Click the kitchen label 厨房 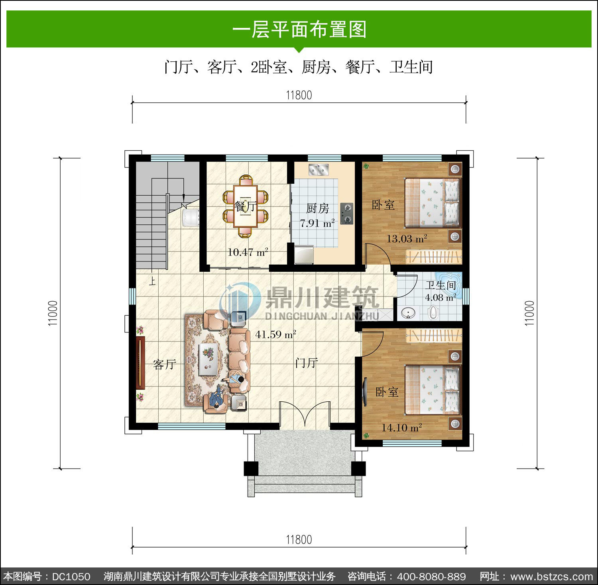(x=317, y=208)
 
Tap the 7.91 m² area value (x=317, y=223)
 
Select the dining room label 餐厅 (x=245, y=206)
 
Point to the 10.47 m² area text (x=248, y=252)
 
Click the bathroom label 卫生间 (x=441, y=285)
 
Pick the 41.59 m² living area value (x=275, y=334)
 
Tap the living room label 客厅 (x=164, y=364)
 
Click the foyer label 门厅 (x=307, y=363)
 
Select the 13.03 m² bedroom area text (x=407, y=239)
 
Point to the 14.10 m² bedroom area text (x=401, y=428)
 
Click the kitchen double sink (x=319, y=169)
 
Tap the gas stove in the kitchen (x=346, y=214)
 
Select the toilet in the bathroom (x=433, y=312)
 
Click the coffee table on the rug (x=208, y=359)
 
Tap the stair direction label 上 (x=152, y=281)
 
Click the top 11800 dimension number (x=299, y=95)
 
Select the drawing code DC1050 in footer (x=71, y=577)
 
